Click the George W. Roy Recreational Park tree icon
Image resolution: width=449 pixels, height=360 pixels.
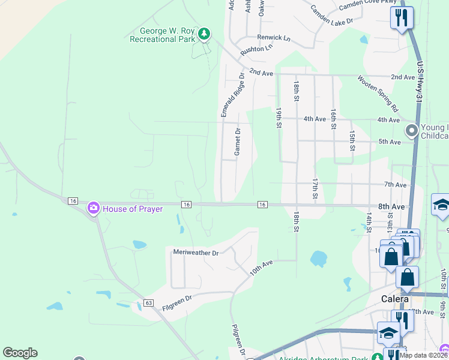[205, 34]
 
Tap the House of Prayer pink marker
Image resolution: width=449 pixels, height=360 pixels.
[94, 208]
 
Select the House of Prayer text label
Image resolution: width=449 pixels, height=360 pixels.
[133, 209]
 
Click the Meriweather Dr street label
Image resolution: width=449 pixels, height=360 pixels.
[196, 253]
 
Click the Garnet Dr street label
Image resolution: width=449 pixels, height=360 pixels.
[238, 142]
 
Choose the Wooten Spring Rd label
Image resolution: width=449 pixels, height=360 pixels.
[378, 94]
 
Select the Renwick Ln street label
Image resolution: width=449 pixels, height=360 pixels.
[274, 38]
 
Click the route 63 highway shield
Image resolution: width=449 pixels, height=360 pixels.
[149, 302]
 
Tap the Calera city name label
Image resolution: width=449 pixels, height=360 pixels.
[396, 299]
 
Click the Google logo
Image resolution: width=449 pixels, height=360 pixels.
[20, 353]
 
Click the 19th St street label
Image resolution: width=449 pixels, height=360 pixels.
[279, 118]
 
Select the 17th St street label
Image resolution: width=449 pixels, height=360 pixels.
[315, 188]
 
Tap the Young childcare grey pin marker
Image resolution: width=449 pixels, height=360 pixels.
[411, 130]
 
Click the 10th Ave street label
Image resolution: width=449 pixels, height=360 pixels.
[262, 268]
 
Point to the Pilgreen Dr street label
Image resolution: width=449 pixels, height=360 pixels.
[238, 338]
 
